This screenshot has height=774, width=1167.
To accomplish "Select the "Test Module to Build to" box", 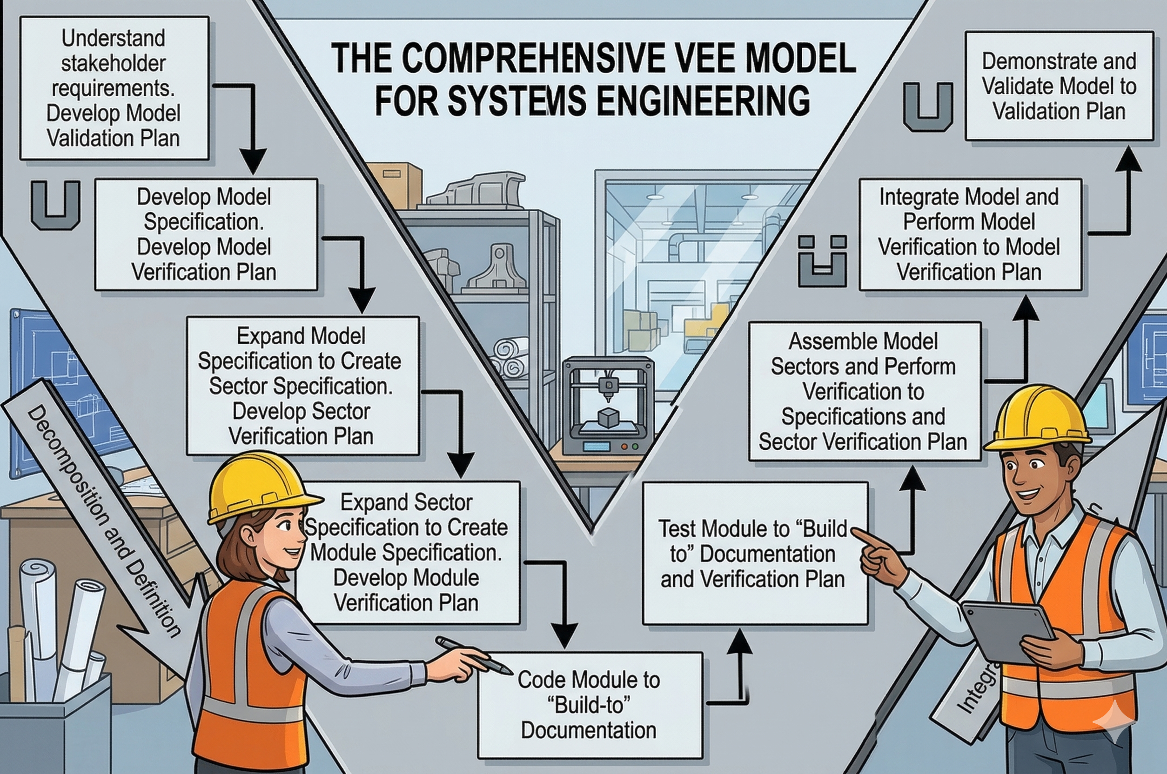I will tap(754, 554).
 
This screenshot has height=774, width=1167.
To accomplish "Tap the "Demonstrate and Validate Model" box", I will tap(1059, 87).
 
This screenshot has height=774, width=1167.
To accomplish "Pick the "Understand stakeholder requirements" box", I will tap(114, 88).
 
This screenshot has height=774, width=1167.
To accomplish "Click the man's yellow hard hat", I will tap(1037, 417).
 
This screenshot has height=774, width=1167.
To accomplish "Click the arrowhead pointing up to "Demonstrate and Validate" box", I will tap(1128, 160).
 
